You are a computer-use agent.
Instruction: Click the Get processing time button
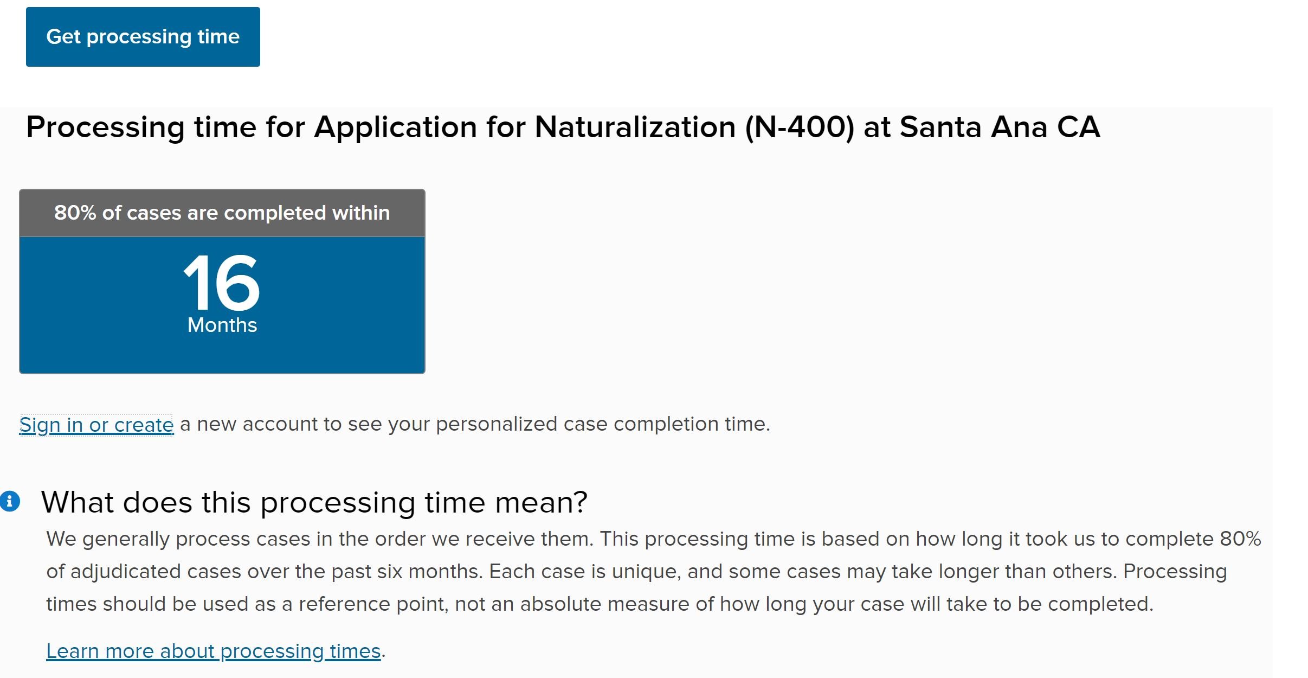click(x=143, y=37)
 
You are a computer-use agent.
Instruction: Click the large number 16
click(x=222, y=283)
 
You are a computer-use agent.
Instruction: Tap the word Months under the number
click(x=222, y=325)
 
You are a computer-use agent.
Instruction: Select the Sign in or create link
click(x=96, y=425)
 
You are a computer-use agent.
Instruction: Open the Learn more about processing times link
click(x=214, y=651)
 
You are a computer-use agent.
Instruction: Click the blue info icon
click(x=10, y=501)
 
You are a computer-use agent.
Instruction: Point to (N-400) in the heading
click(x=800, y=127)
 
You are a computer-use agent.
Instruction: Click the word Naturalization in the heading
click(x=635, y=127)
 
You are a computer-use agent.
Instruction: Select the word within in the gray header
click(x=361, y=213)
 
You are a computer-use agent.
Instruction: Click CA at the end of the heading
click(x=1079, y=127)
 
